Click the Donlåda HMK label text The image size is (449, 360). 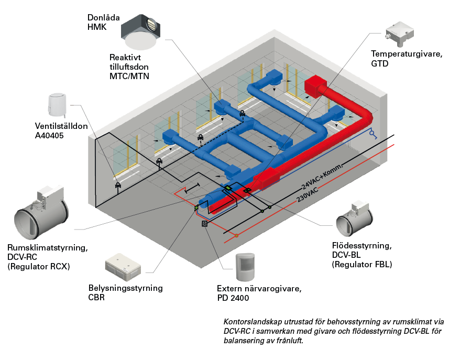104,22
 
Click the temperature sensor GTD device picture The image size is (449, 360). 400,34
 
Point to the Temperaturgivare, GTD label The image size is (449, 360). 407,59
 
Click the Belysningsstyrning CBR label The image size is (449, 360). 125,292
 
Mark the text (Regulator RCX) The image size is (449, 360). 39,267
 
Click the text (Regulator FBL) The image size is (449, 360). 362,264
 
